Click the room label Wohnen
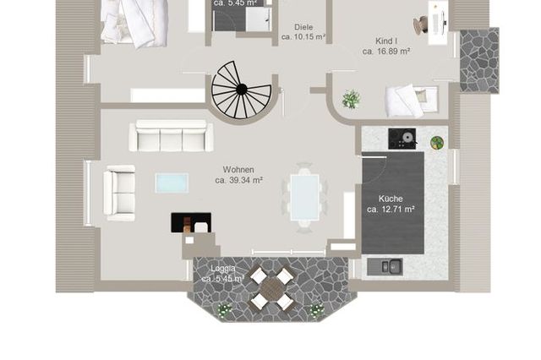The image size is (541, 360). click(238, 169)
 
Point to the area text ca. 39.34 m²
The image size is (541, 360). click(238, 180)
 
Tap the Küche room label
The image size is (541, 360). click(391, 198)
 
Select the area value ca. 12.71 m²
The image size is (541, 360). click(391, 209)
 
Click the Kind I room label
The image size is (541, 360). click(386, 40)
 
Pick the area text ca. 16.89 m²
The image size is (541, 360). click(386, 52)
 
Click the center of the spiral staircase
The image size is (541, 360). click(242, 89)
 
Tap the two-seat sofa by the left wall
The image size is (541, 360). click(120, 193)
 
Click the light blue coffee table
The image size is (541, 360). click(172, 183)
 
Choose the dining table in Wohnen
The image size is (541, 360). click(304, 196)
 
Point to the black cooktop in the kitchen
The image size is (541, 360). click(402, 138)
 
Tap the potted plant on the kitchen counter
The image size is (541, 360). click(437, 142)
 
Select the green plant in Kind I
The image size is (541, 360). click(350, 100)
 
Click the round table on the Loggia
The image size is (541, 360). click(270, 288)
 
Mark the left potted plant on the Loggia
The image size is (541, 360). click(224, 309)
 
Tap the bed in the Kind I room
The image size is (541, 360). click(409, 100)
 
